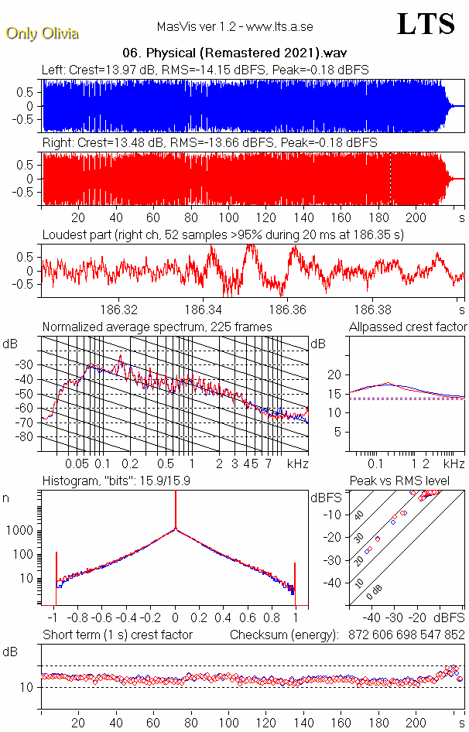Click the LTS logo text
425,24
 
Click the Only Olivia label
43,33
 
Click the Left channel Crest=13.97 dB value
113,70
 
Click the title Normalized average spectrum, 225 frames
157,327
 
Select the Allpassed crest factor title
408,327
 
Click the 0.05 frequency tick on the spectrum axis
77,463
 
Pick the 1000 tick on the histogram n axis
21,531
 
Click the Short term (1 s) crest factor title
117,635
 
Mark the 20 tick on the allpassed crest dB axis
334,375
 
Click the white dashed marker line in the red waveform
390,178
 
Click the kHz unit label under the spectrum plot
297,463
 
